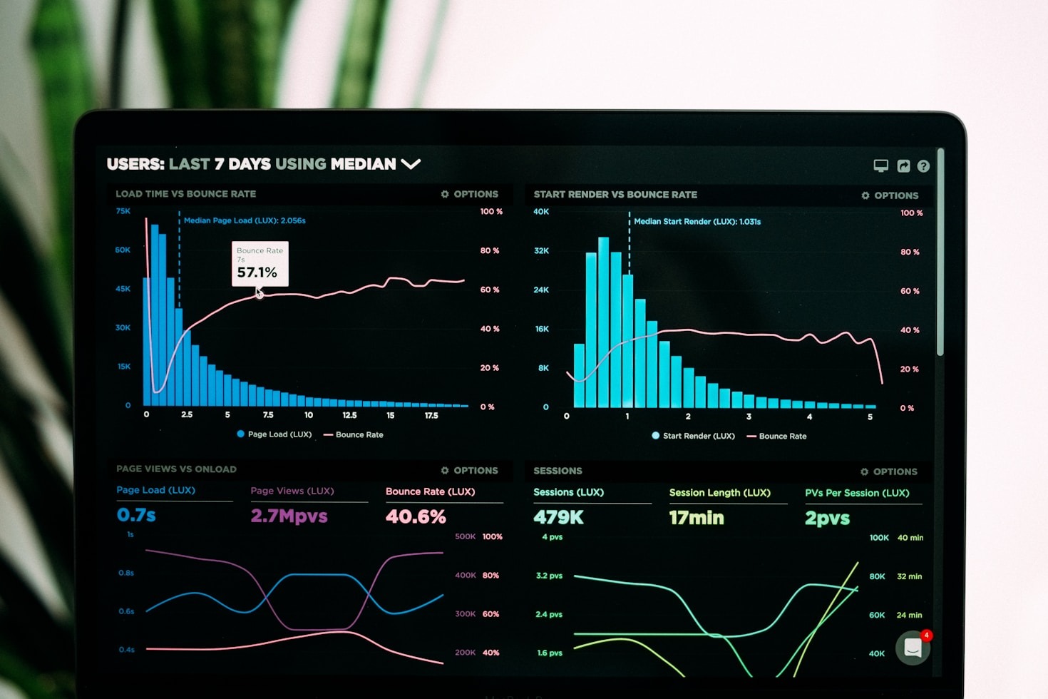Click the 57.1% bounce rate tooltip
click(260, 264)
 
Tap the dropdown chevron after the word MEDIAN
click(411, 164)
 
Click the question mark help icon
click(923, 166)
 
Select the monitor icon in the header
click(881, 166)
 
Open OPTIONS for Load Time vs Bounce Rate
click(470, 194)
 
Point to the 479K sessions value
click(558, 518)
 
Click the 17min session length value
click(696, 518)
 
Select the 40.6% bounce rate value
click(416, 516)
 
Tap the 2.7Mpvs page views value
click(289, 516)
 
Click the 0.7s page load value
click(136, 515)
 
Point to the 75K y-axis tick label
click(123, 211)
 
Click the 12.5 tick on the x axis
click(349, 415)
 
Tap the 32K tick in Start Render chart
click(541, 251)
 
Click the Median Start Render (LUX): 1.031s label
click(697, 222)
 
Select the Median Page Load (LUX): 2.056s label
click(245, 220)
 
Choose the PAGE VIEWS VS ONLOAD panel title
click(176, 469)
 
